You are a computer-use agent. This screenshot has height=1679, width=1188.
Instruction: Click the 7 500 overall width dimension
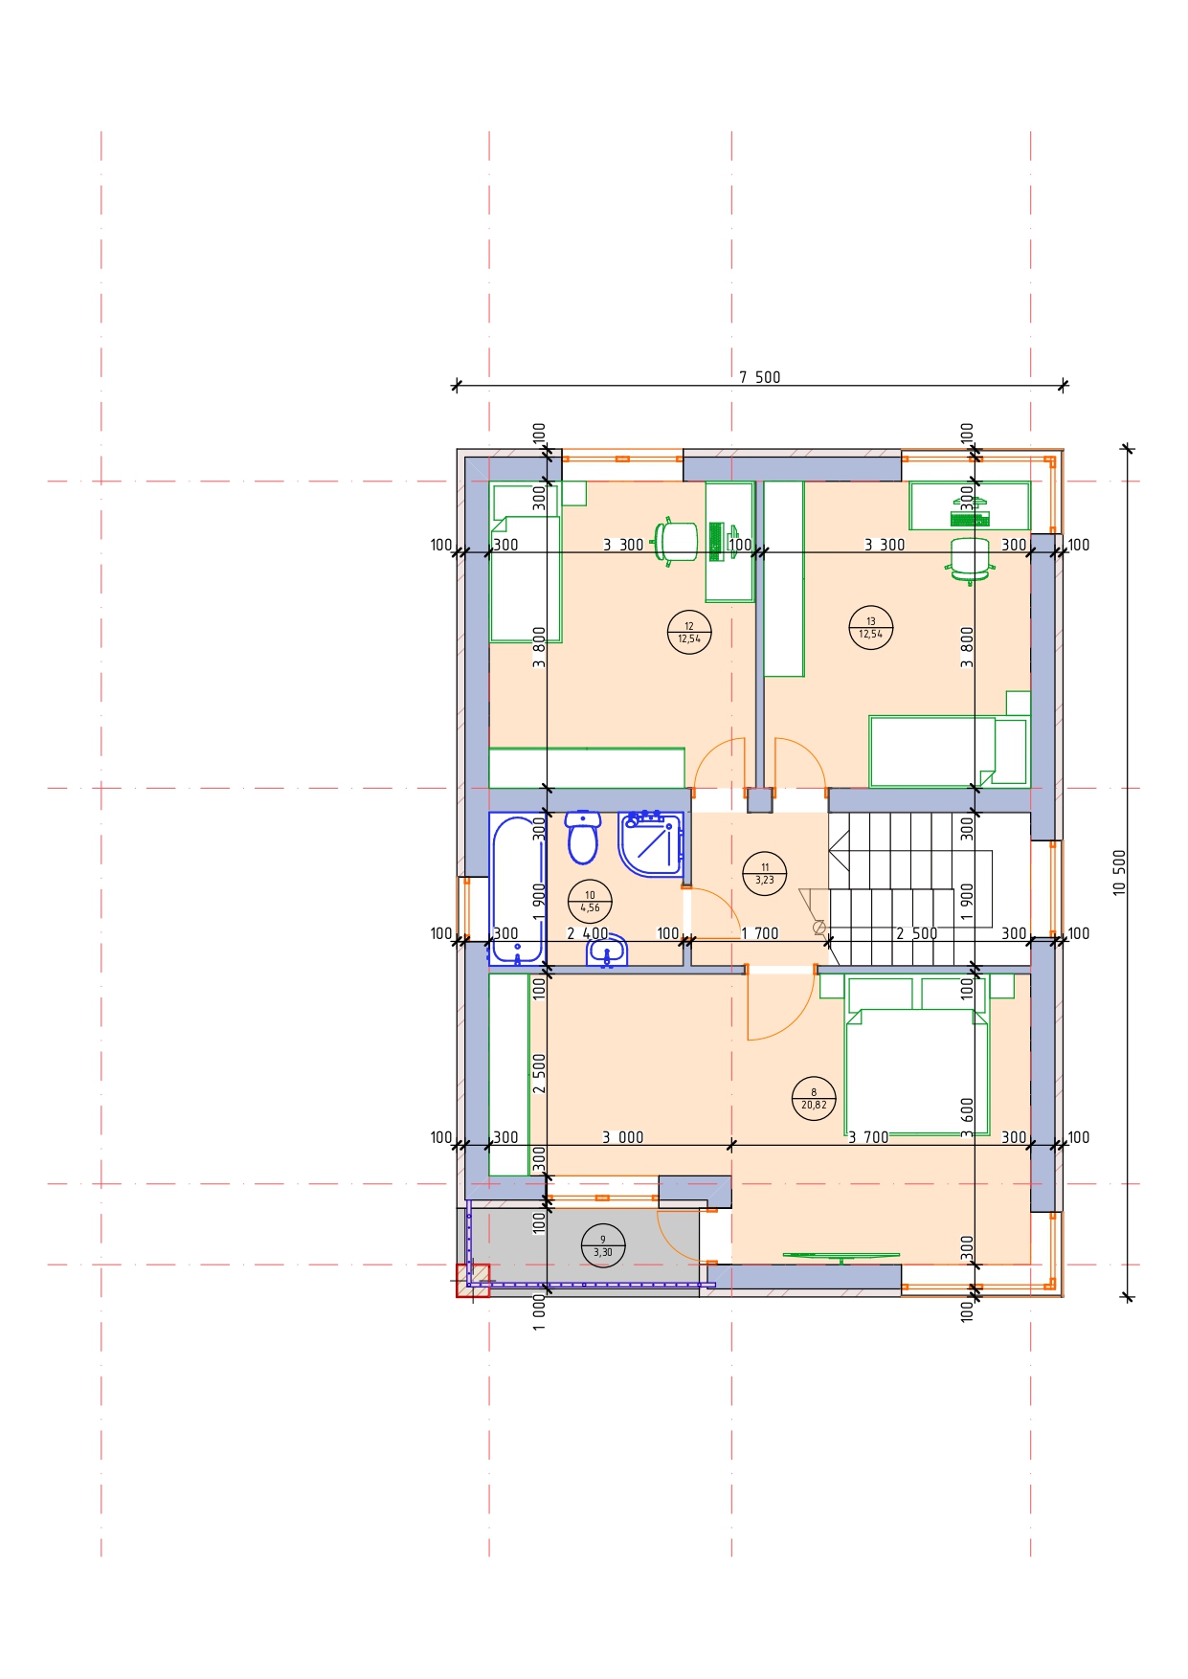(760, 377)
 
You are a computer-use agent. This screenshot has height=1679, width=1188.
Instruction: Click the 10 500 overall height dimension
(1120, 872)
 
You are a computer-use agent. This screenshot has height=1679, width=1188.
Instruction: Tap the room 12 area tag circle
(689, 632)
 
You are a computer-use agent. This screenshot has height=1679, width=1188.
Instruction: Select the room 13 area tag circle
(871, 627)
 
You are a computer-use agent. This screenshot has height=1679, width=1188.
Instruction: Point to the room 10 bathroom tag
(590, 901)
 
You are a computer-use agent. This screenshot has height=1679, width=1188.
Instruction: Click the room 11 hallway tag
(765, 873)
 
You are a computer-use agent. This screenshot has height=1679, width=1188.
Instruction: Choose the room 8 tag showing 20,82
(814, 1098)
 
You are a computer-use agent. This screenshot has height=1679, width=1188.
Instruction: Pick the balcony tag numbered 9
(603, 1245)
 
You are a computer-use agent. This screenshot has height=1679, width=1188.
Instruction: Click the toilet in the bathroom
(582, 838)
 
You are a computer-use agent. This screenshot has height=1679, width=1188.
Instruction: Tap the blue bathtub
(517, 888)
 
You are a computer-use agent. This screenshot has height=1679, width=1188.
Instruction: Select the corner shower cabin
(651, 844)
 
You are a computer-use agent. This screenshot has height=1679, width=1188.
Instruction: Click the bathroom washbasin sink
(607, 951)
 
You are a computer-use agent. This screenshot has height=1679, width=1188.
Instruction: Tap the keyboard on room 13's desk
(970, 520)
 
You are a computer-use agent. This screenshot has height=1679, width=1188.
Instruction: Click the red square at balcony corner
(473, 1281)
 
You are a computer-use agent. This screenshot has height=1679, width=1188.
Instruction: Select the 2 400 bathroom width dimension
(588, 933)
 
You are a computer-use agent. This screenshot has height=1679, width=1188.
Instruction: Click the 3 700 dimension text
(868, 1137)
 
